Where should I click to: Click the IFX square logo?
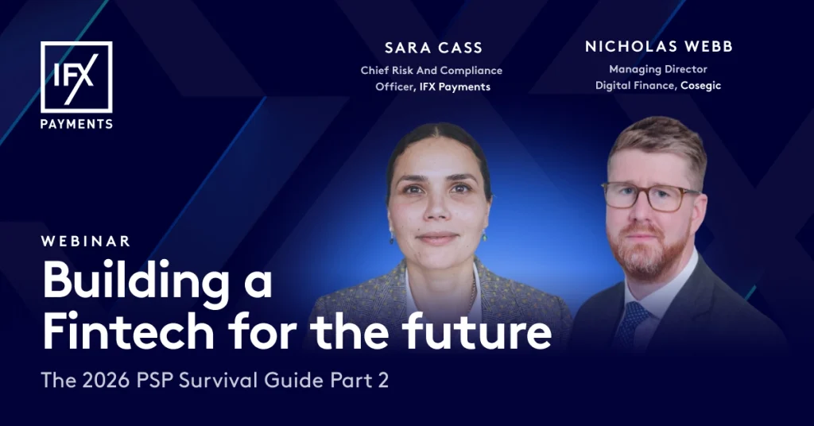(76, 77)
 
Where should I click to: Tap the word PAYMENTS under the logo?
(76, 125)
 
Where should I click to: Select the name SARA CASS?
(433, 48)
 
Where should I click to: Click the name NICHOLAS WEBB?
(659, 47)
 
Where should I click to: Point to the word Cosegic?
(700, 86)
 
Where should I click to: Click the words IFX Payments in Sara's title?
(455, 87)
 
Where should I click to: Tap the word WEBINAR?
(86, 242)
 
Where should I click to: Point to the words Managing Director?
(658, 69)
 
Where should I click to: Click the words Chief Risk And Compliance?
(432, 71)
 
